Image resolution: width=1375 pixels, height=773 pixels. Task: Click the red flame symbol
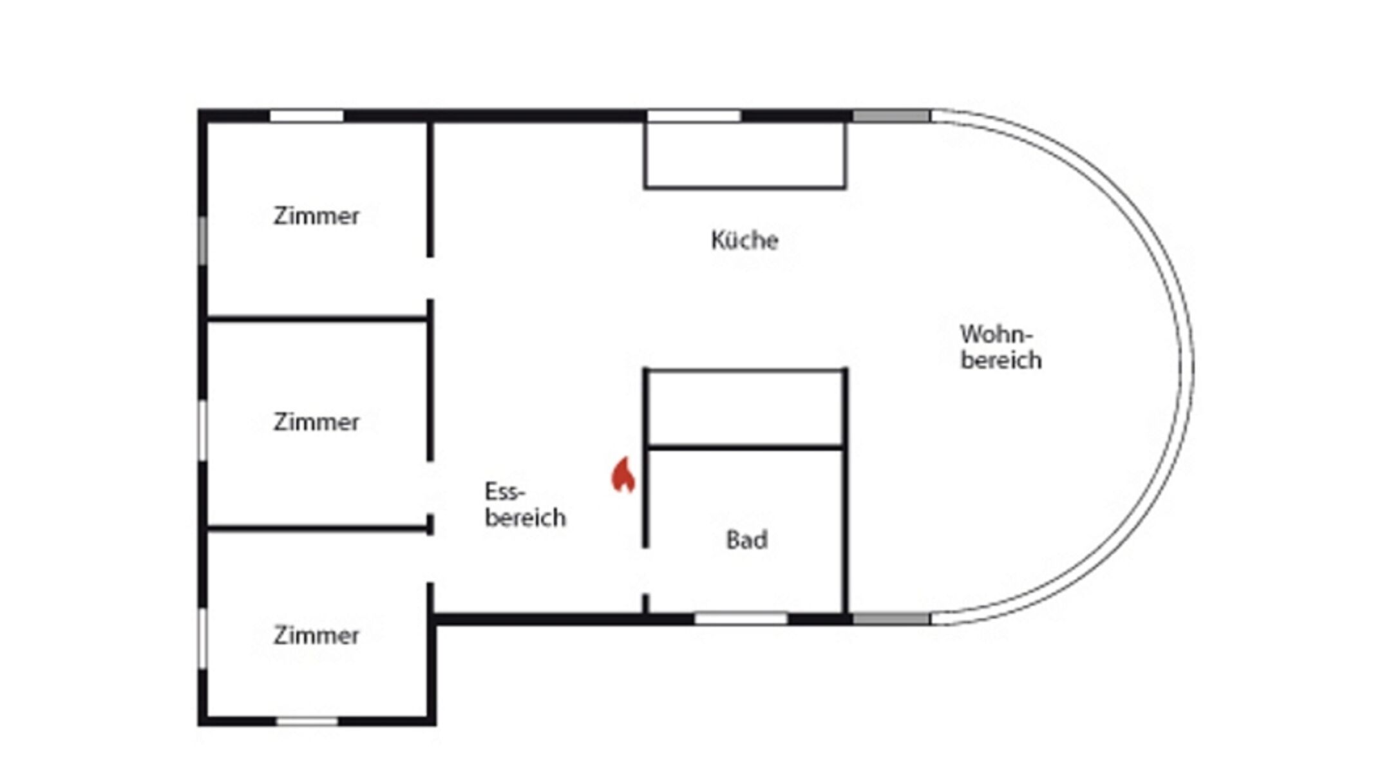[x=623, y=475]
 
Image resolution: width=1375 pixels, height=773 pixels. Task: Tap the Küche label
[x=744, y=240]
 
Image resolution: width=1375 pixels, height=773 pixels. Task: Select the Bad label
[x=746, y=540]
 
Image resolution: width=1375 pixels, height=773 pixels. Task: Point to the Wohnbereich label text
[x=1000, y=347]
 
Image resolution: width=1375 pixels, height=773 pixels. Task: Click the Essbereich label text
[x=524, y=504]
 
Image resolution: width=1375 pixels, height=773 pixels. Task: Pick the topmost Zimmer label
[x=316, y=216]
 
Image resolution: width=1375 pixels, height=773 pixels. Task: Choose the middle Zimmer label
[x=316, y=422]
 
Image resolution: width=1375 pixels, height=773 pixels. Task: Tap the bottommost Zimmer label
[x=316, y=636]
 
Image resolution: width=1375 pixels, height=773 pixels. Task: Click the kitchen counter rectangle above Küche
[x=745, y=155]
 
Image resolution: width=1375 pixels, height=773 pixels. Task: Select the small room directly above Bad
[x=745, y=408]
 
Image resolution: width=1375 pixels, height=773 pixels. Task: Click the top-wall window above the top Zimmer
[x=307, y=116]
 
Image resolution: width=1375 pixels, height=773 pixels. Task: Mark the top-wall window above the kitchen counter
[x=694, y=116]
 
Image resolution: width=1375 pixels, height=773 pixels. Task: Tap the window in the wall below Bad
[x=741, y=619]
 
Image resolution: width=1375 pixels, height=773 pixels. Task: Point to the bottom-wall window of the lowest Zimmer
[x=307, y=721]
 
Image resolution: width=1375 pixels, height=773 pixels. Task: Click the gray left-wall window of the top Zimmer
[x=202, y=240]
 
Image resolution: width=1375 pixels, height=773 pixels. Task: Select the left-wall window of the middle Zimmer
[x=202, y=430]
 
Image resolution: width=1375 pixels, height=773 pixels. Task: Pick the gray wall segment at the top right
[x=891, y=116]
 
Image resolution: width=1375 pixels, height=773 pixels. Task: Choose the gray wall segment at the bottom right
[x=891, y=619]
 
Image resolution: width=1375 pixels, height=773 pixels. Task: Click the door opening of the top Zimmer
[x=430, y=278]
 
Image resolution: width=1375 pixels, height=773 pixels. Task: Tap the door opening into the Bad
[x=645, y=571]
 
